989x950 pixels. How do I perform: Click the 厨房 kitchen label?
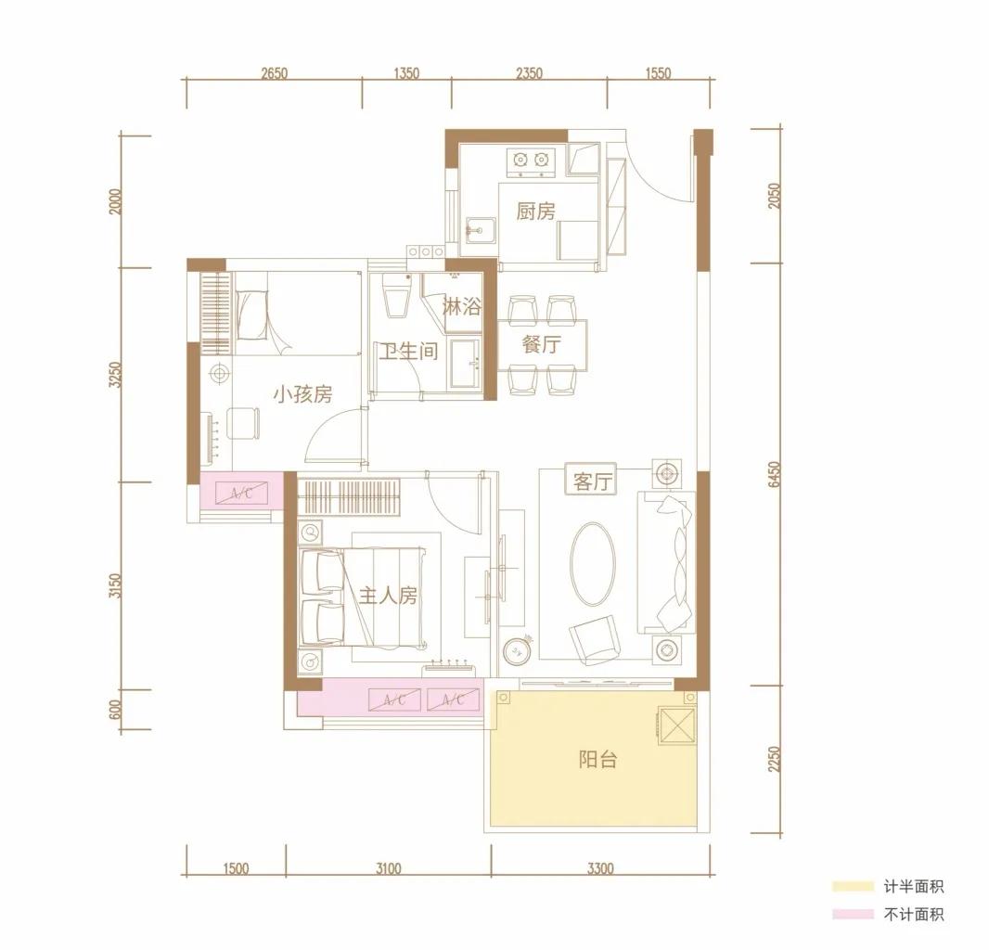pos(535,211)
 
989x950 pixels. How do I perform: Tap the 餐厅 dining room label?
pos(541,344)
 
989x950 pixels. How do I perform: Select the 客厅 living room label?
pos(592,481)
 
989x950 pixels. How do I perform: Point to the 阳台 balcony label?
pos(597,760)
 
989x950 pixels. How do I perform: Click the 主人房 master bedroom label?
pos(388,595)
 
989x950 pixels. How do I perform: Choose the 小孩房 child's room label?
pos(302,394)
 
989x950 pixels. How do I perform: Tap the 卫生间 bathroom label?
pos(408,351)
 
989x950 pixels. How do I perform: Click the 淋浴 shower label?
pos(462,307)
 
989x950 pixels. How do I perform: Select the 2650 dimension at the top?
pos(274,73)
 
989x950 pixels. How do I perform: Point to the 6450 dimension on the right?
pos(775,474)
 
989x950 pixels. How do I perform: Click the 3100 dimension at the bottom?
pos(388,868)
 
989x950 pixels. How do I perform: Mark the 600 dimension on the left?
pos(115,710)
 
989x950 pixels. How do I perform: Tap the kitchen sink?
pos(481,231)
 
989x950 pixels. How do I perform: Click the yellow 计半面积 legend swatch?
pos(853,886)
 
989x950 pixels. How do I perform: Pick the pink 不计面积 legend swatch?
pos(853,914)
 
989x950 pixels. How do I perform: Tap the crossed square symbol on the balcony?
pos(676,725)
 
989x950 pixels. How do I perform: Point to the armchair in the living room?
pos(593,639)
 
